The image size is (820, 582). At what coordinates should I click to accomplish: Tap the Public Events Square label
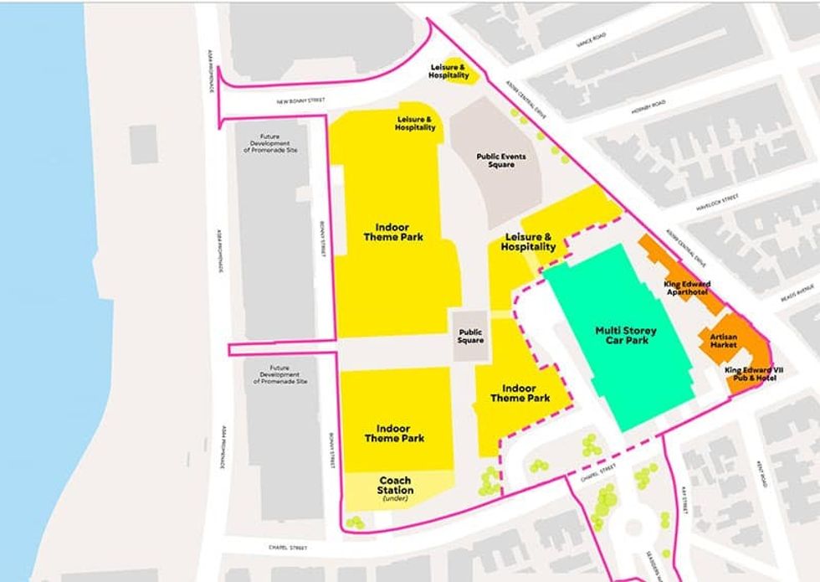pyautogui.click(x=495, y=160)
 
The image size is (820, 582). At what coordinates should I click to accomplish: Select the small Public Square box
pyautogui.click(x=470, y=336)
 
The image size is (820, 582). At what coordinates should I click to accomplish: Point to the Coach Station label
pyautogui.click(x=394, y=486)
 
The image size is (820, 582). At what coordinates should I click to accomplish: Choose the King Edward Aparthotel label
pyautogui.click(x=686, y=289)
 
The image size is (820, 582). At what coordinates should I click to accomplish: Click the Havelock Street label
pyautogui.click(x=717, y=202)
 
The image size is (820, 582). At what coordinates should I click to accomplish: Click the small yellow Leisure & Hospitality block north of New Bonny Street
pyautogui.click(x=448, y=71)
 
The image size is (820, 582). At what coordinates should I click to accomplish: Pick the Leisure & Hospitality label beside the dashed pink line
pyautogui.click(x=528, y=243)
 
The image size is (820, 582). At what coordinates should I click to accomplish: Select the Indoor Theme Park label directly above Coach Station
pyautogui.click(x=394, y=433)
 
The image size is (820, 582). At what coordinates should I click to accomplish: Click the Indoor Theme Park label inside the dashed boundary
pyautogui.click(x=520, y=394)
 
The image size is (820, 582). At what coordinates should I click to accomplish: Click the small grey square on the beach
pyautogui.click(x=143, y=143)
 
